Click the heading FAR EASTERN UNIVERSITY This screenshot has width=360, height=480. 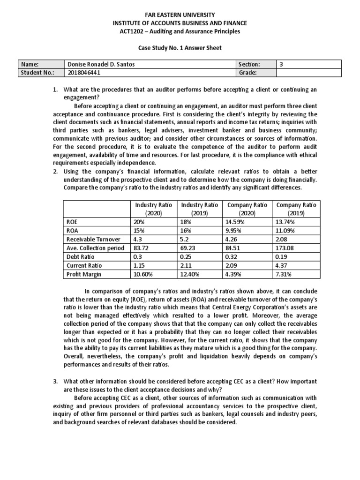tap(180, 14)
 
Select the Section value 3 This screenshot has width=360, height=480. tap(281, 64)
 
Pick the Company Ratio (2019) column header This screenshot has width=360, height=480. tap(296, 209)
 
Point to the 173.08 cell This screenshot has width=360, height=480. tap(286, 248)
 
